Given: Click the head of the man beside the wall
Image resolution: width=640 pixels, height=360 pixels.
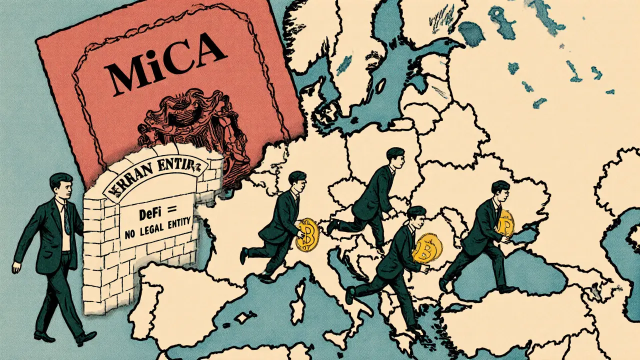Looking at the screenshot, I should (x=60, y=185).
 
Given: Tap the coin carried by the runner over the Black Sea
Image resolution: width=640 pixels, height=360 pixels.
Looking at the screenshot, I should (x=505, y=222).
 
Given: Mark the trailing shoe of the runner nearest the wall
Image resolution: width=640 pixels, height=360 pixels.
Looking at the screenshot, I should (x=243, y=256).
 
